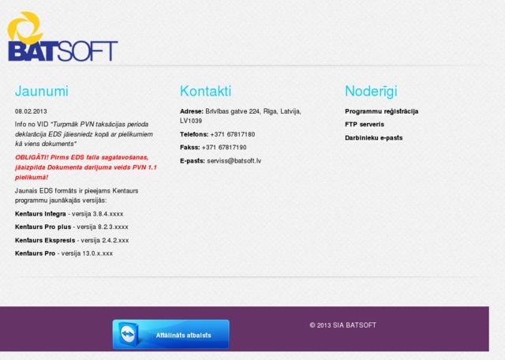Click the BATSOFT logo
tap(62, 37)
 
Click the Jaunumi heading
tap(41, 91)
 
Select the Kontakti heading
tap(205, 91)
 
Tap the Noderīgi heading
tap(371, 91)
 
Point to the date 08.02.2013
tap(32, 111)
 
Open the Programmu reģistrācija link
tap(381, 111)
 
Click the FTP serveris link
tap(365, 124)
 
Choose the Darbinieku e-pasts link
tap(373, 137)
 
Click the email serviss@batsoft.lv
tap(234, 160)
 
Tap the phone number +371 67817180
tap(232, 134)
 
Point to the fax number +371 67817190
tap(224, 147)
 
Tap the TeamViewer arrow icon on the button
tap(129, 335)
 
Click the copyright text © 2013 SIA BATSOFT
tap(342, 325)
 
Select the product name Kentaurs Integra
tap(40, 214)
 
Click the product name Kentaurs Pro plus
tap(43, 227)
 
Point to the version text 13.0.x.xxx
tap(98, 253)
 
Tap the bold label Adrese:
tap(192, 111)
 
